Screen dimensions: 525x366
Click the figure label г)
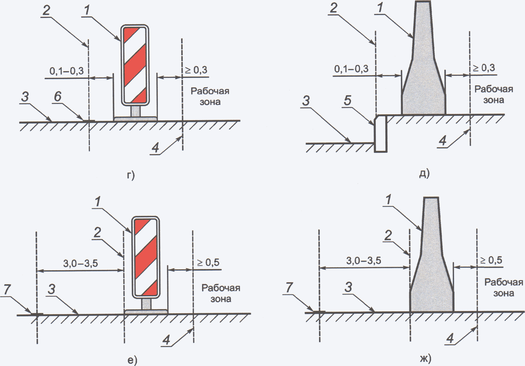click(131, 175)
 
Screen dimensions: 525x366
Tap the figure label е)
click(132, 360)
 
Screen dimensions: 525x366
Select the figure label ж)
click(426, 359)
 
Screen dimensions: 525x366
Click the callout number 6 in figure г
click(58, 97)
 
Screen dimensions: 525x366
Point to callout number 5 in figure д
click(347, 101)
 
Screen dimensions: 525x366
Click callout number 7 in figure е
click(7, 289)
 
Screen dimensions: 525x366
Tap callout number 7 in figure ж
click(289, 287)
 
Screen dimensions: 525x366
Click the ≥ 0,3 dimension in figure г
click(197, 70)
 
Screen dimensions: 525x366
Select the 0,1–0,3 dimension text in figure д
click(351, 69)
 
